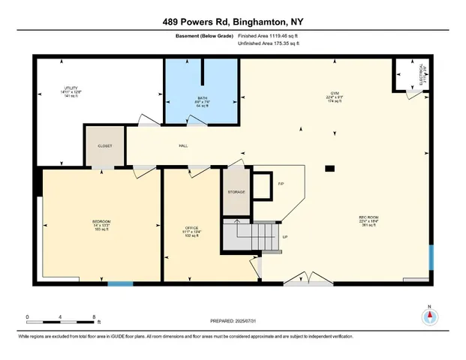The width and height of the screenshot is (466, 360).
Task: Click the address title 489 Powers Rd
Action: (233, 22)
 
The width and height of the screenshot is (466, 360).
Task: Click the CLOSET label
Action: (104, 146)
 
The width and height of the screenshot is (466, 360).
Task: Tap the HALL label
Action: (182, 146)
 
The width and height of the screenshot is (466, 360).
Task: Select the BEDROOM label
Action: (102, 221)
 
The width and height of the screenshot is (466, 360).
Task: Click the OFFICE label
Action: (191, 227)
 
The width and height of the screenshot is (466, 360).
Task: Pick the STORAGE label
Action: (236, 193)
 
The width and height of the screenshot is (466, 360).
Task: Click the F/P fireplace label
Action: (281, 183)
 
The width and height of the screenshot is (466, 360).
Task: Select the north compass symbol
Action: (430, 316)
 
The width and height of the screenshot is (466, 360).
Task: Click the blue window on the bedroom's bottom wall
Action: (120, 283)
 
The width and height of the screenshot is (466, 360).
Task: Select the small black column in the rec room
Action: (329, 169)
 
